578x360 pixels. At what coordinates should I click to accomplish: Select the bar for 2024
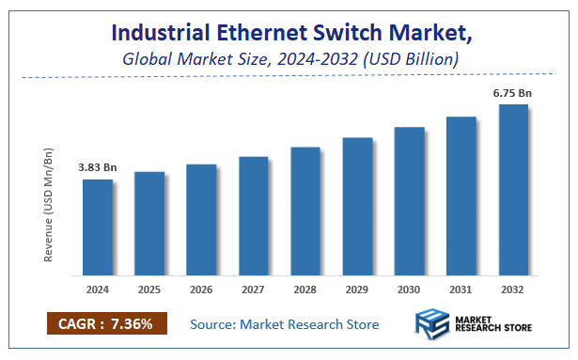pyautogui.click(x=97, y=227)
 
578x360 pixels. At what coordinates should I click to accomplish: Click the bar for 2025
pyautogui.click(x=148, y=224)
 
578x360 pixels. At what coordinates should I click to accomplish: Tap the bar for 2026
pyautogui.click(x=201, y=220)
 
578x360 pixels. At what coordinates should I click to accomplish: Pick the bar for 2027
pyautogui.click(x=253, y=216)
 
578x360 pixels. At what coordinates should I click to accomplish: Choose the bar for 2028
pyautogui.click(x=305, y=211)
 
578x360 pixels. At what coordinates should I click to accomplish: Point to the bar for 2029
pyautogui.click(x=357, y=207)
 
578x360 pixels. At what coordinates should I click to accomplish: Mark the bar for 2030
pyautogui.click(x=409, y=201)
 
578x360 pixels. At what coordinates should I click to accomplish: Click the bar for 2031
pyautogui.click(x=461, y=196)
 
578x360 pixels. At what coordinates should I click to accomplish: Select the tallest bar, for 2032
pyautogui.click(x=513, y=190)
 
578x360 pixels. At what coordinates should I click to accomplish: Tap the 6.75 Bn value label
pyautogui.click(x=513, y=92)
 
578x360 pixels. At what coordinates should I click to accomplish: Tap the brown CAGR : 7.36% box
pyautogui.click(x=107, y=324)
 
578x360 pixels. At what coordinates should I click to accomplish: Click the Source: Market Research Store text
pyautogui.click(x=285, y=324)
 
